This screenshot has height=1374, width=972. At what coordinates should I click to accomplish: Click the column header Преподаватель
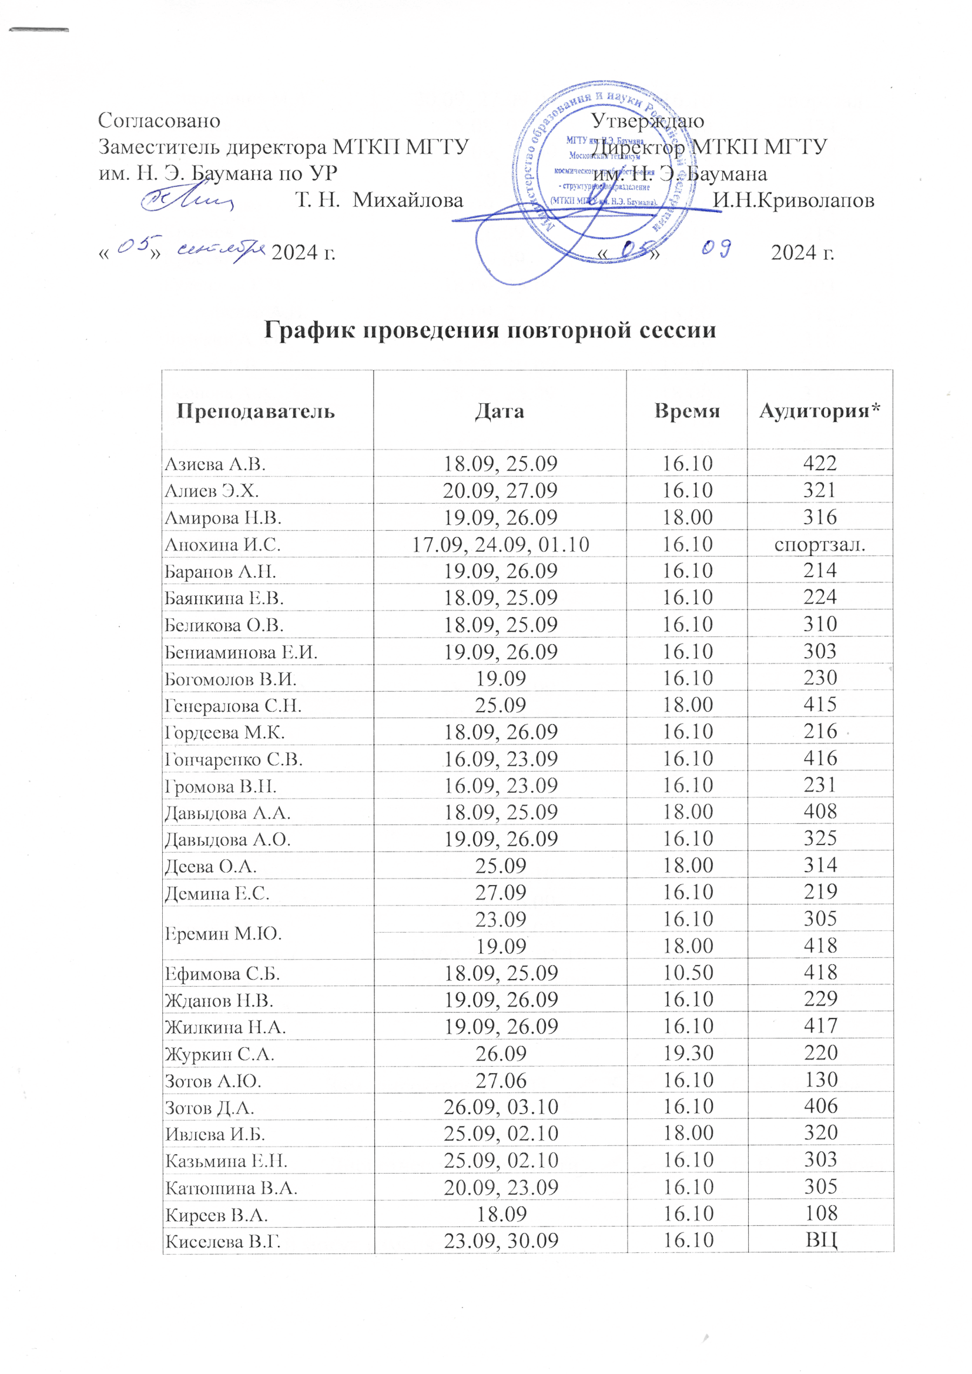pos(256,411)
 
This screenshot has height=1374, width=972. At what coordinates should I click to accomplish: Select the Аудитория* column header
pos(819,411)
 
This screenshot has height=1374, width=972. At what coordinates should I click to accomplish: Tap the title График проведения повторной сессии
pos(490,330)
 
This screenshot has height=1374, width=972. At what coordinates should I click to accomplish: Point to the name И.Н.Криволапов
pos(793,200)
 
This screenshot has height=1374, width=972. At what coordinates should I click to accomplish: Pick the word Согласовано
pos(159,120)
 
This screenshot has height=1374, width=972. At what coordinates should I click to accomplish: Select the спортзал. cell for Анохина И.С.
pos(819,545)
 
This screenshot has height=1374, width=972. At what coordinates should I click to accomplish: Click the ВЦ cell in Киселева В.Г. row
pos(820,1241)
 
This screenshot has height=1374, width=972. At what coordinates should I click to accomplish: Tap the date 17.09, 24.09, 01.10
pos(500,545)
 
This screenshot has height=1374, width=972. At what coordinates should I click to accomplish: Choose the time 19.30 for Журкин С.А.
pos(687,1053)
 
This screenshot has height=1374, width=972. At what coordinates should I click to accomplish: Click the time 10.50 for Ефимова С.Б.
pos(687,973)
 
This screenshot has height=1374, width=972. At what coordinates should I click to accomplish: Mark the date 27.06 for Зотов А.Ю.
pos(500,1080)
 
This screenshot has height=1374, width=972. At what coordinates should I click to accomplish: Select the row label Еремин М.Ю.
pos(223,933)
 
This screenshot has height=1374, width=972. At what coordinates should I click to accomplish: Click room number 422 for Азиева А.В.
pos(819,463)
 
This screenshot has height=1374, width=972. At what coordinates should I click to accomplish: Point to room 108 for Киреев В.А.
pos(820,1213)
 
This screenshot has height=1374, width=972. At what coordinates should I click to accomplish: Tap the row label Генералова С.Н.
pos(233,706)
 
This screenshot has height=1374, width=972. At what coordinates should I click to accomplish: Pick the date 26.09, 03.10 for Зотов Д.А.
pos(500,1107)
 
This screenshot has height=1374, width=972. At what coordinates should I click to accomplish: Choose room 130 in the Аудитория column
pos(820,1080)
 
